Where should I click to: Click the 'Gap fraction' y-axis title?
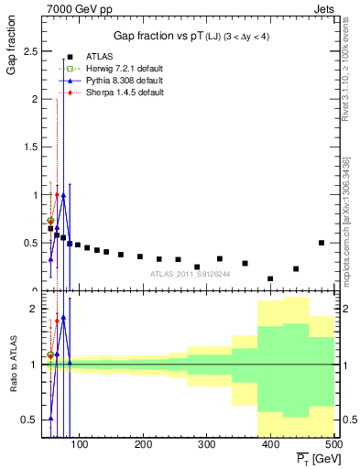pos(12,57)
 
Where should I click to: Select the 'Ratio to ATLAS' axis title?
pos(12,364)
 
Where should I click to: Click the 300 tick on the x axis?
pos(207,445)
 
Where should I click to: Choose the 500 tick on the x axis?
pos(333,445)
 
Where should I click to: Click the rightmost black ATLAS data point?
pos(322,243)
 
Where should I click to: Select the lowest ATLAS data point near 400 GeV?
pos(270,278)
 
